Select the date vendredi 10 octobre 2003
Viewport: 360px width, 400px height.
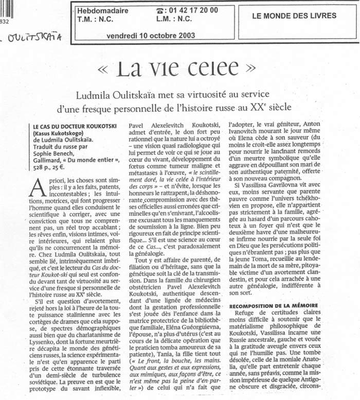[150, 36]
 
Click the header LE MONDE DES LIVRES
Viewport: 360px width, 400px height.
[294, 15]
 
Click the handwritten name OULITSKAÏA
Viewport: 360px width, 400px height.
[37, 37]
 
